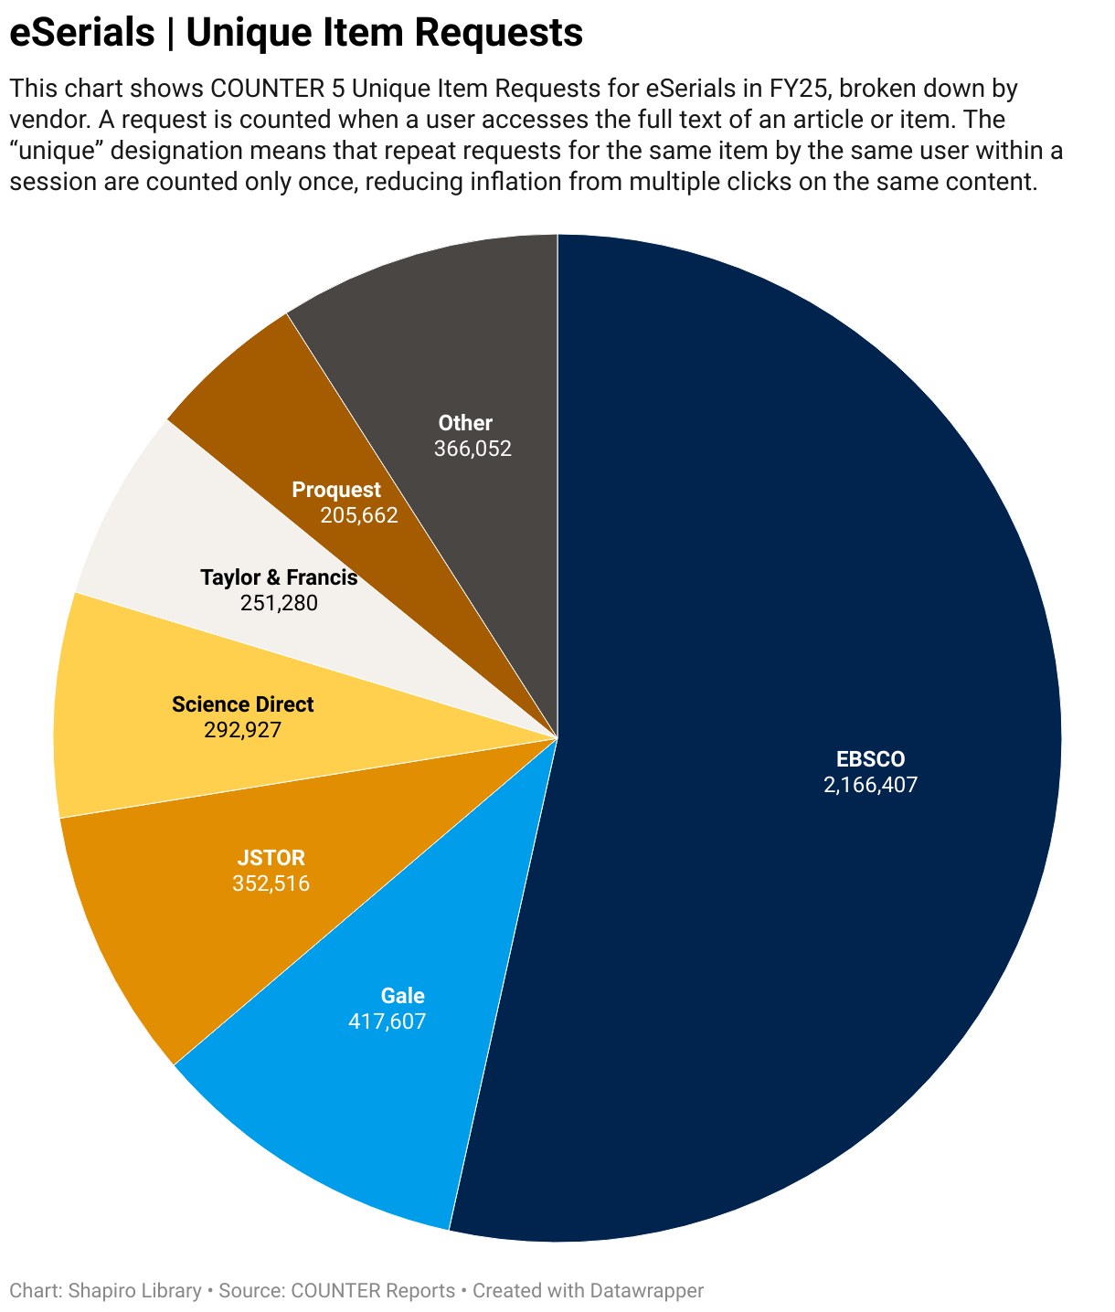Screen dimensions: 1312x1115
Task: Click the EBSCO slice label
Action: pos(870,758)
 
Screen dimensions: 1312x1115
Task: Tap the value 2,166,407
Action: pos(870,784)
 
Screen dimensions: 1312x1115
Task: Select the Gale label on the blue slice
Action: pos(402,996)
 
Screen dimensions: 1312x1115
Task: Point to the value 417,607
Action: pos(388,1021)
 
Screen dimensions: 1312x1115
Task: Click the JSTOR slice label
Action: pos(271,858)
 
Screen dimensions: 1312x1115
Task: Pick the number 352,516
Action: pos(271,883)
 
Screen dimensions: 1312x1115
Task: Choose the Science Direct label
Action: pos(242,704)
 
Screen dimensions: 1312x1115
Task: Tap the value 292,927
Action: pos(242,730)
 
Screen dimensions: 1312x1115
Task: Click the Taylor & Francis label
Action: pos(279,577)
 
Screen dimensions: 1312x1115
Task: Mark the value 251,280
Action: pos(279,603)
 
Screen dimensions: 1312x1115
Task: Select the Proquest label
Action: pos(336,490)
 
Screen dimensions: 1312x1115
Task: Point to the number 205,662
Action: pos(359,515)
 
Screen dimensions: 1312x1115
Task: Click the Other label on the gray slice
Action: pos(465,423)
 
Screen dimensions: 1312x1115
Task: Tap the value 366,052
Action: pos(473,449)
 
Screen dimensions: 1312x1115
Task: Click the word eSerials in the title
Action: pos(82,33)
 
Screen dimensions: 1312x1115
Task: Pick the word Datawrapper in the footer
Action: pos(646,1291)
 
